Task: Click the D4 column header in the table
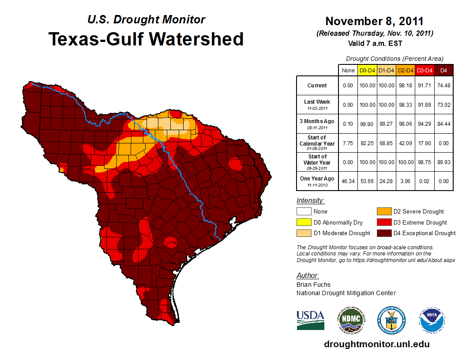point(443,70)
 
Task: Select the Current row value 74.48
point(443,86)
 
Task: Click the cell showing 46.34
point(348,181)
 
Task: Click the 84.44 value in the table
point(443,124)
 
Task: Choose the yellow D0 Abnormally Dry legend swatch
point(304,222)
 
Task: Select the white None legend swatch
point(304,212)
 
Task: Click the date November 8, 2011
point(374,21)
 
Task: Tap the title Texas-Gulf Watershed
point(146,39)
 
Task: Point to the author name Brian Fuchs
point(313,285)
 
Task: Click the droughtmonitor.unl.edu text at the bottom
point(376,344)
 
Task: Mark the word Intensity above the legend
point(310,201)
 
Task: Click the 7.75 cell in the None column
point(348,143)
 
